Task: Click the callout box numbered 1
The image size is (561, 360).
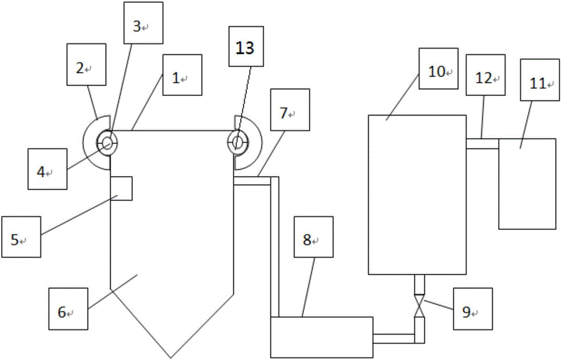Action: [x=182, y=75]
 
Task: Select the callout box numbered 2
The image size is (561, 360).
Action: [x=86, y=64]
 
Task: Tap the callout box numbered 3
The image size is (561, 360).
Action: [x=144, y=23]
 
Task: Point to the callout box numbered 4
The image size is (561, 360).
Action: [x=47, y=169]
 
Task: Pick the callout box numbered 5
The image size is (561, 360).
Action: [x=21, y=237]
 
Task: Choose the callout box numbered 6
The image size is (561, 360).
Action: [x=68, y=309]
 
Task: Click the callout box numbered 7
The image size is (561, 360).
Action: [x=290, y=110]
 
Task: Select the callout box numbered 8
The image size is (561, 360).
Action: [x=314, y=237]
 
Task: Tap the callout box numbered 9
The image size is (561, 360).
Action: [x=472, y=309]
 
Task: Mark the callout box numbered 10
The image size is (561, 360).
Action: [x=439, y=68]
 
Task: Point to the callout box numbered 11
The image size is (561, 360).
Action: [x=540, y=80]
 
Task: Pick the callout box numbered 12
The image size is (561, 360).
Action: [x=485, y=75]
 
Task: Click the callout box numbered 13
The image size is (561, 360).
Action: [x=246, y=47]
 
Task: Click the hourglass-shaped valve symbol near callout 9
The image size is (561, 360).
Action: [x=419, y=306]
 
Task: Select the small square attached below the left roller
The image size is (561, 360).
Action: [x=121, y=188]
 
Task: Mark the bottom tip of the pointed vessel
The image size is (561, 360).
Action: [x=172, y=358]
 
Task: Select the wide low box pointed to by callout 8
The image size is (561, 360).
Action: [x=321, y=337]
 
